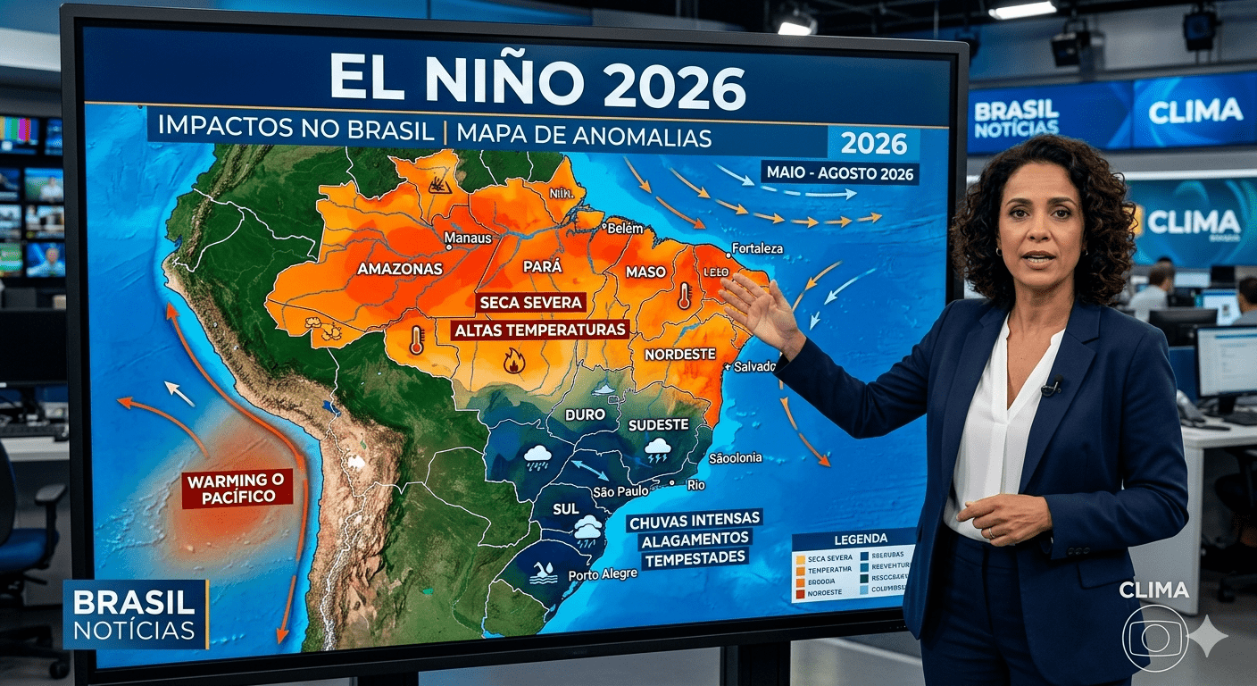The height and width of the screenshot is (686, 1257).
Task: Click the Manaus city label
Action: point(469,238)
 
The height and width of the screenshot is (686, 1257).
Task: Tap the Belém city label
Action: point(624,229)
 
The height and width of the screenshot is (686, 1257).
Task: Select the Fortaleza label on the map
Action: point(757,248)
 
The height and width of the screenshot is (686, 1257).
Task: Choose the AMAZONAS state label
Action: point(400,268)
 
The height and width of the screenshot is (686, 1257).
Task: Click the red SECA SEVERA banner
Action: point(530,302)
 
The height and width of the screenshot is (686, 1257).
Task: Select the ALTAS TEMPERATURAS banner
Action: point(540,330)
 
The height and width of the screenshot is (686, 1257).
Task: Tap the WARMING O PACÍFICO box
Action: point(237,488)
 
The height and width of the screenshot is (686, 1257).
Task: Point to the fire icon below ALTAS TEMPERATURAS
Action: point(513,361)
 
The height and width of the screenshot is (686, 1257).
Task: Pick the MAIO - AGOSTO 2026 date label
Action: point(839,172)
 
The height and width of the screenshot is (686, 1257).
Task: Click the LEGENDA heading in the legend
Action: point(861,539)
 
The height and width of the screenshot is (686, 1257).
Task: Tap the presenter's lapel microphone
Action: point(1051,388)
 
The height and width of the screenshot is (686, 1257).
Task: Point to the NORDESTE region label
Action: point(679,354)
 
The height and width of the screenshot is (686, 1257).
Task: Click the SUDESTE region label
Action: point(658,424)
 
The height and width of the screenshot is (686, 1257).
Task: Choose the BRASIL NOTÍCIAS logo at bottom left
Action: point(135,615)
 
